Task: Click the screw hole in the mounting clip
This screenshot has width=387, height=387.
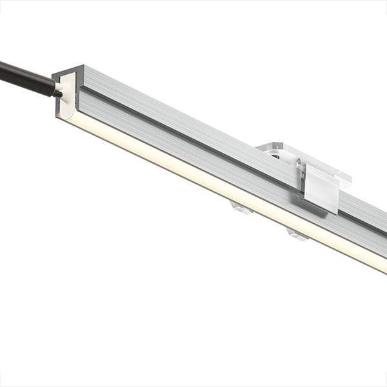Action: point(275,155)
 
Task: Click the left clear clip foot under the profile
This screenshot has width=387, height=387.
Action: point(241,208)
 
